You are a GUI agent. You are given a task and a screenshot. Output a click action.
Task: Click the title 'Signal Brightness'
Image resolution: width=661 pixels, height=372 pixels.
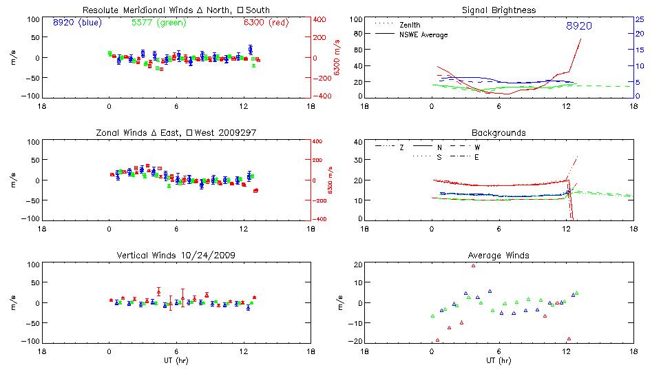pyautogui.click(x=499, y=10)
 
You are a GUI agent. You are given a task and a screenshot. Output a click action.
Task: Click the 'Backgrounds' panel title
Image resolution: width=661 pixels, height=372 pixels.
pyautogui.click(x=499, y=132)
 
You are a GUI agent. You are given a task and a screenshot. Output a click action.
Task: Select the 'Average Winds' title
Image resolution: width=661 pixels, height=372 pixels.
pyautogui.click(x=499, y=256)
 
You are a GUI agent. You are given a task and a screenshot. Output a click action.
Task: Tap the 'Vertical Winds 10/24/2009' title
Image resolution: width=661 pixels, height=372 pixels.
pyautogui.click(x=176, y=256)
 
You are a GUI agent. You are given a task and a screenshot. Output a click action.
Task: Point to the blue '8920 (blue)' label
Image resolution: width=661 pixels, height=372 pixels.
pyautogui.click(x=76, y=22)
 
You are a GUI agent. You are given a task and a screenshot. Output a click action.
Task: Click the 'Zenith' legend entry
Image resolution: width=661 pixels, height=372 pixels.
pyautogui.click(x=410, y=24)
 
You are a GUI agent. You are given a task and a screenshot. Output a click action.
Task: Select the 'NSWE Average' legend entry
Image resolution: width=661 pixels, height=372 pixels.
pyautogui.click(x=423, y=34)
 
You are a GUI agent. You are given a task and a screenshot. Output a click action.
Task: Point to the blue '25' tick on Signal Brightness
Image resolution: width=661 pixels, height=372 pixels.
pyautogui.click(x=639, y=19)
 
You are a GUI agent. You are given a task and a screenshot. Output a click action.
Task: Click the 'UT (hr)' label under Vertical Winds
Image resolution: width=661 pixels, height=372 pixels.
pyautogui.click(x=176, y=360)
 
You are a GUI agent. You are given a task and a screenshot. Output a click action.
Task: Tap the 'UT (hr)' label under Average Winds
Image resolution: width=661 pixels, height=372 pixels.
pyautogui.click(x=499, y=360)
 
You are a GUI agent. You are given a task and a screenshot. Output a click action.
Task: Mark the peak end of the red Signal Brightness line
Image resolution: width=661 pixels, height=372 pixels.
pyautogui.click(x=580, y=39)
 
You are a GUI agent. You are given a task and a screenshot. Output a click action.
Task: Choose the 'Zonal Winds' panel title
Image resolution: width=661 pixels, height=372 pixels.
pyautogui.click(x=176, y=132)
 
